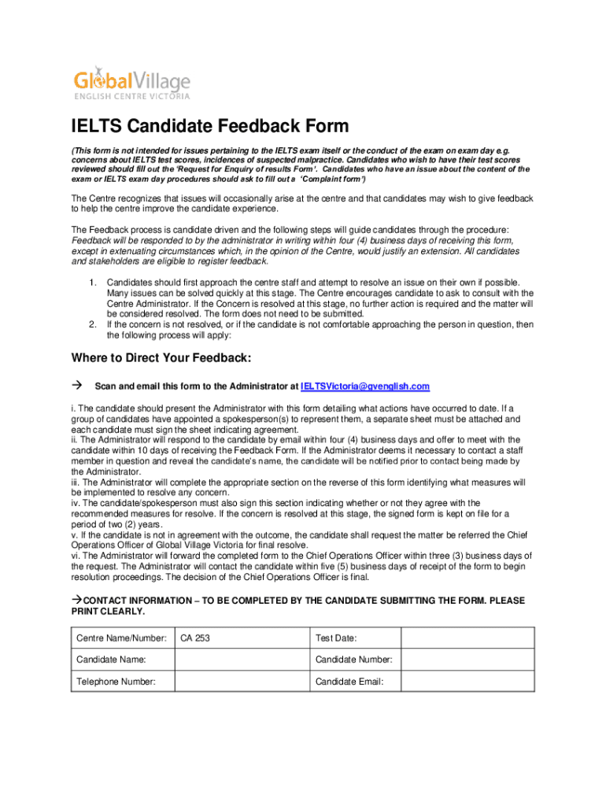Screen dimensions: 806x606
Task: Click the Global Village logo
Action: pos(131,83)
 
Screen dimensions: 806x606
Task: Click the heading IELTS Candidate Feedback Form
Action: pos(210,127)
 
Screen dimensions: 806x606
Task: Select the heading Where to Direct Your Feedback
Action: pos(161,358)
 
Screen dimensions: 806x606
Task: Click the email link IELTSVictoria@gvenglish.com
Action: pos(365,386)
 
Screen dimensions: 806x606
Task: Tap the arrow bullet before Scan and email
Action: pos(77,386)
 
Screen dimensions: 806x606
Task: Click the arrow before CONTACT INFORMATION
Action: pos(76,601)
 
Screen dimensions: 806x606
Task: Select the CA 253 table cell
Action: pos(241,638)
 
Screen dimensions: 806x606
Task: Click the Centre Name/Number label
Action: pos(121,638)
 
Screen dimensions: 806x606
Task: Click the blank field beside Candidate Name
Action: pos(241,660)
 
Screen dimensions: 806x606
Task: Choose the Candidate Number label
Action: pos(353,660)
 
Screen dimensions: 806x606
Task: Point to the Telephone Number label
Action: pos(116,682)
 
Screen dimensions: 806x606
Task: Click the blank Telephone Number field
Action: pos(241,682)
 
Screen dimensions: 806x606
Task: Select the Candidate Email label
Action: pos(349,682)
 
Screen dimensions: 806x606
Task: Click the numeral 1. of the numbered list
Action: pos(92,283)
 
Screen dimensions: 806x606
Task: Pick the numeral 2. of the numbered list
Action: pos(92,324)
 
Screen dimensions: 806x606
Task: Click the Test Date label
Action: pos(336,638)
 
